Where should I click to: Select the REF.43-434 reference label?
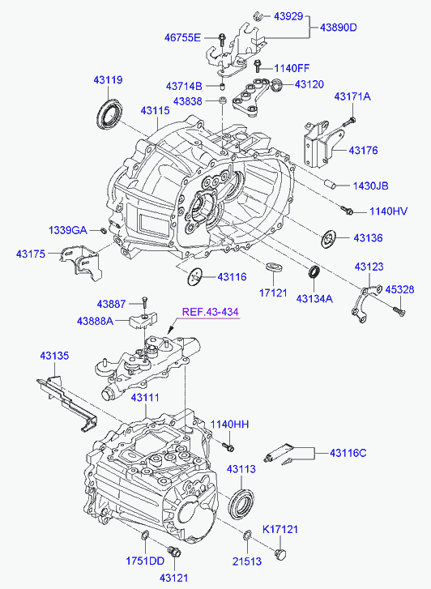point(211,312)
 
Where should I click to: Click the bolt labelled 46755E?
point(220,38)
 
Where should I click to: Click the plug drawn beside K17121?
point(282,553)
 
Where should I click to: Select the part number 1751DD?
point(145,560)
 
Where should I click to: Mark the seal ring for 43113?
point(241,504)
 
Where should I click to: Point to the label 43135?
point(56,354)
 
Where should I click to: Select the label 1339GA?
point(67,230)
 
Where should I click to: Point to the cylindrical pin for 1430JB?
point(330,183)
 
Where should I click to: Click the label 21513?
point(247,560)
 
